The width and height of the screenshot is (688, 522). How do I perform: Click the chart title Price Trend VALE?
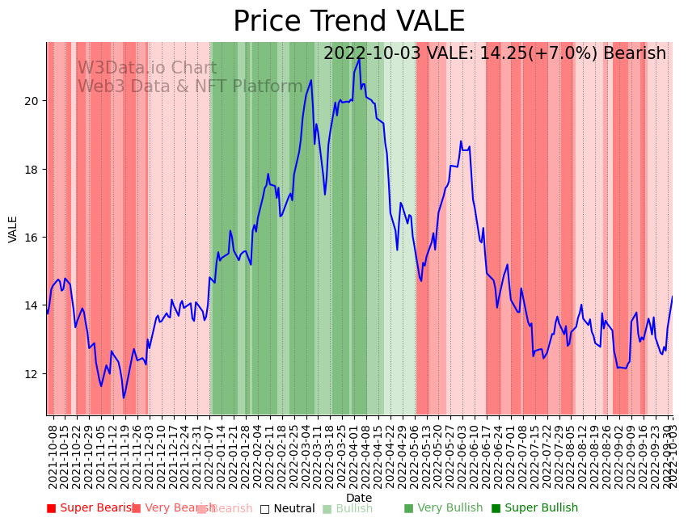(x=348, y=22)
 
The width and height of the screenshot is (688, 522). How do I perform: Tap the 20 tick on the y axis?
(x=33, y=101)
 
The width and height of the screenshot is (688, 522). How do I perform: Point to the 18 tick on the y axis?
(x=33, y=169)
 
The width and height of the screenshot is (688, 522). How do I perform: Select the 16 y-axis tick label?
(x=33, y=238)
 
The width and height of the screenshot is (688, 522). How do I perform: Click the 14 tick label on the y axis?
(x=33, y=305)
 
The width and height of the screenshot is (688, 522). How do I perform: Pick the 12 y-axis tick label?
(x=33, y=374)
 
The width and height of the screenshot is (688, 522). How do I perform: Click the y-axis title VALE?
(x=13, y=229)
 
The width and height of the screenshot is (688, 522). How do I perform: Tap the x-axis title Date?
(x=359, y=498)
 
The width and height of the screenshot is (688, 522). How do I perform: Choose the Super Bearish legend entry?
(x=91, y=508)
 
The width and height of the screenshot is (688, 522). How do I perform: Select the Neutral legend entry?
(x=287, y=509)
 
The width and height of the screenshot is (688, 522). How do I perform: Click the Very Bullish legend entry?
(x=443, y=508)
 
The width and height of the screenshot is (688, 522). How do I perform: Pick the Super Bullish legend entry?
(x=534, y=508)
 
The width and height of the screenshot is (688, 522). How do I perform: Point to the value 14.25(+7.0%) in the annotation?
(x=521, y=54)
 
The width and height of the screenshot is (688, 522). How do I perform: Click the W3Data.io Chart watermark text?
(x=147, y=69)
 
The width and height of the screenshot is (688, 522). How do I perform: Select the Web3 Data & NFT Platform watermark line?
(x=190, y=87)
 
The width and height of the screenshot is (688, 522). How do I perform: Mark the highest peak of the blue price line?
(x=359, y=60)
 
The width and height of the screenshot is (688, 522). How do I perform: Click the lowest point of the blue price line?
(x=124, y=398)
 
